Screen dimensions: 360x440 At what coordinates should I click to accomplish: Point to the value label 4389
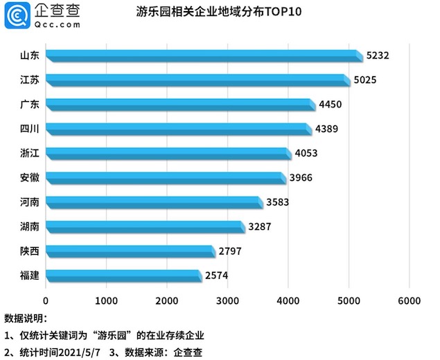tap(326, 129)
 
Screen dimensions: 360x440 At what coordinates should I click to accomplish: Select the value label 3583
tap(277, 202)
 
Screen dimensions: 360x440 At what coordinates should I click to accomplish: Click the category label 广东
tap(30, 105)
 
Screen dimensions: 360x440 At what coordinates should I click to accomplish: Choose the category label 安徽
tap(30, 178)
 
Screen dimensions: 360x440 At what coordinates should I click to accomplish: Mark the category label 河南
tap(30, 202)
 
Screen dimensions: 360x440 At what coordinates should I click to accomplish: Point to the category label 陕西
tap(30, 251)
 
